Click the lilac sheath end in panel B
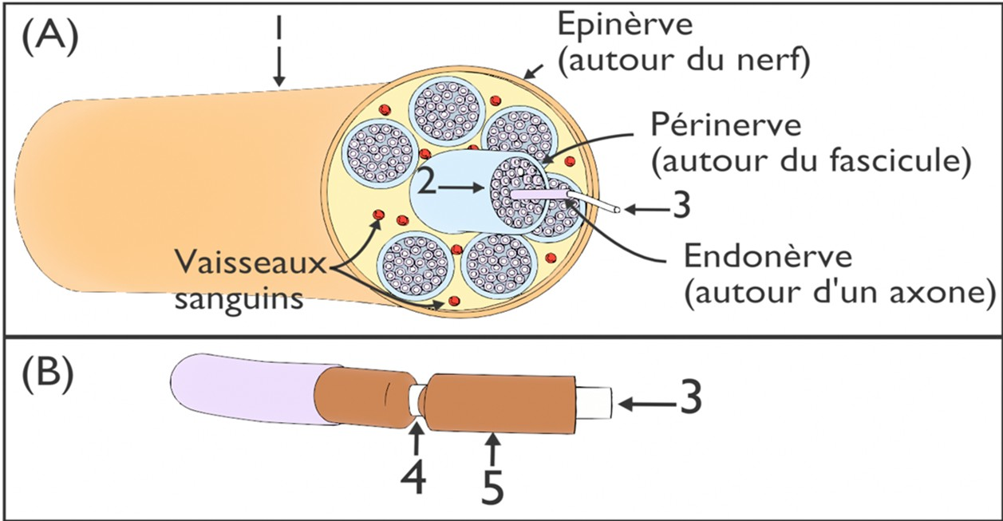click(239, 390)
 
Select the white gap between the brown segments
click(415, 397)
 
